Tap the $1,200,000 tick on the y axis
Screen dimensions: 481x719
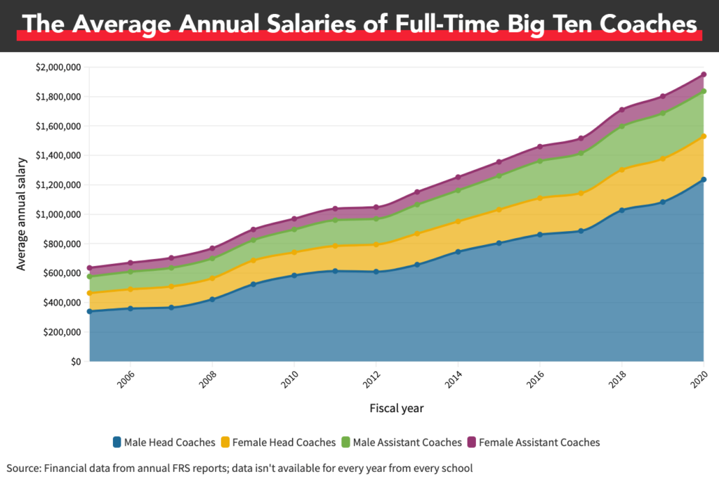tap(59, 185)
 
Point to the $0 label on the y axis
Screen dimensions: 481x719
tap(74, 362)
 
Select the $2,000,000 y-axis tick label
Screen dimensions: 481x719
tap(59, 67)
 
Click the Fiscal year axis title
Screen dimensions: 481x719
tap(396, 408)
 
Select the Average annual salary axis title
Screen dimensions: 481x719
tap(22, 214)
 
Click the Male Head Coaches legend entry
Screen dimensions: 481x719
tap(164, 442)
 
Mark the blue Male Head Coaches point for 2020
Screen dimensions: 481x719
tap(704, 180)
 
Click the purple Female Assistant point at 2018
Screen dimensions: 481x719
tap(622, 110)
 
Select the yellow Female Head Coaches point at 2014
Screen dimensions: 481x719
tap(458, 222)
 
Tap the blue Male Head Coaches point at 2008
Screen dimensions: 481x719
tap(212, 300)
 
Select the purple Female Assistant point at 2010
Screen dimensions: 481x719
tap(294, 219)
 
